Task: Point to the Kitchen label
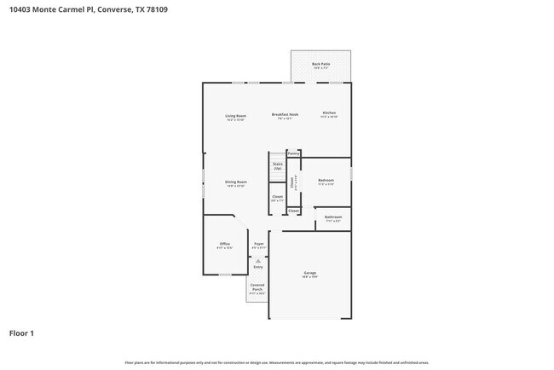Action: pyautogui.click(x=329, y=113)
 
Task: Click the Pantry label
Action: pyautogui.click(x=293, y=153)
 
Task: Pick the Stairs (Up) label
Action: pyautogui.click(x=277, y=166)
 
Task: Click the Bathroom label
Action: pyautogui.click(x=333, y=217)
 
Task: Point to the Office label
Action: pyautogui.click(x=225, y=244)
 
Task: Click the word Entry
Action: pyautogui.click(x=258, y=267)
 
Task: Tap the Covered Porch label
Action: pyautogui.click(x=257, y=287)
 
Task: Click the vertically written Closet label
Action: pyautogui.click(x=292, y=182)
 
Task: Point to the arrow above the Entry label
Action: pyautogui.click(x=258, y=259)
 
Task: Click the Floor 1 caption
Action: pyautogui.click(x=21, y=332)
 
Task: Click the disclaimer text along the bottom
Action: pyautogui.click(x=276, y=362)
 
